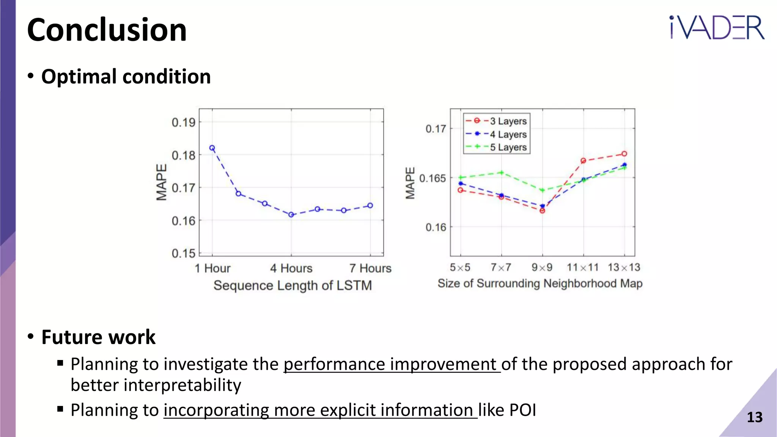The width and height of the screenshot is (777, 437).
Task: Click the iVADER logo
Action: [x=716, y=27]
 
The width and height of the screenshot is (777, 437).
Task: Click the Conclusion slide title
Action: [x=107, y=30]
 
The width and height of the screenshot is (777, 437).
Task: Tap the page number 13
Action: [x=754, y=417]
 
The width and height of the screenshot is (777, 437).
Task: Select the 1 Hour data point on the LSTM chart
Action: [x=212, y=148]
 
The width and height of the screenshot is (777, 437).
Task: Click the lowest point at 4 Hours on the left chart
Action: [x=291, y=215]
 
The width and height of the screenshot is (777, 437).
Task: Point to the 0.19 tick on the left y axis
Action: [x=184, y=123]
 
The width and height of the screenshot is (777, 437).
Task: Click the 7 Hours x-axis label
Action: [x=370, y=268]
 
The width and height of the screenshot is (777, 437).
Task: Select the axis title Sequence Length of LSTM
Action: [x=293, y=285]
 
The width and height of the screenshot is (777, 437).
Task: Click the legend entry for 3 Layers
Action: [x=508, y=121]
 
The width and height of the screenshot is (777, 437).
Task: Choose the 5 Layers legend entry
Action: [x=508, y=147]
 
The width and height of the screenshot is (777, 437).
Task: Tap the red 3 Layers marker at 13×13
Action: [x=624, y=154]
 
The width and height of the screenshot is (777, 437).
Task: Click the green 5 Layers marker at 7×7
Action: [x=501, y=173]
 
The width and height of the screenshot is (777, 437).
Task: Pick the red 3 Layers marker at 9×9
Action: [x=542, y=211]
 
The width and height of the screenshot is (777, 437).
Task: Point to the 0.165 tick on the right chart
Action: [x=432, y=178]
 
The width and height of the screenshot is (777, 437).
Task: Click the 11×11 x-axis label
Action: [x=582, y=267]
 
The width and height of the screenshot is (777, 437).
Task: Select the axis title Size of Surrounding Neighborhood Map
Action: [x=540, y=283]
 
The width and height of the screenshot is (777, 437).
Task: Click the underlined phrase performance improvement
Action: [x=392, y=364]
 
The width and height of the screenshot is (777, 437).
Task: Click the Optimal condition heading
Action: [x=126, y=77]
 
